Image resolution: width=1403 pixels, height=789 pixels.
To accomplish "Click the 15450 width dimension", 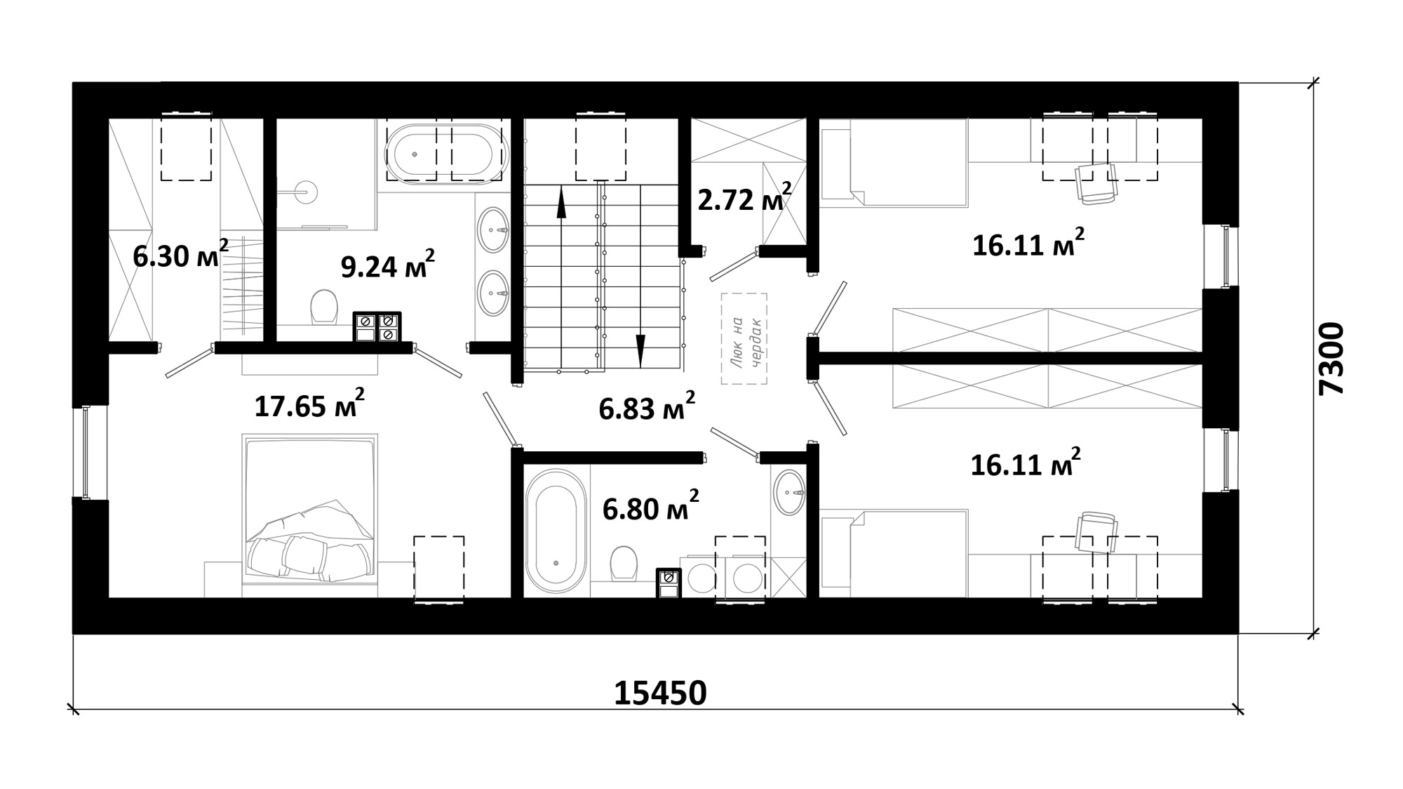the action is pyautogui.click(x=660, y=693).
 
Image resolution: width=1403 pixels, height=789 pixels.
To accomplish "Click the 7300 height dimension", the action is pyautogui.click(x=1331, y=359).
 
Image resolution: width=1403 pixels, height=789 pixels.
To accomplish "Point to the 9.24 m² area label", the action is pyautogui.click(x=388, y=265).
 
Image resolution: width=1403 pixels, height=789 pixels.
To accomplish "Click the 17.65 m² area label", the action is pyautogui.click(x=309, y=404).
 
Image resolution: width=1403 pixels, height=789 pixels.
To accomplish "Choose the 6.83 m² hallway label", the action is pyautogui.click(x=647, y=406).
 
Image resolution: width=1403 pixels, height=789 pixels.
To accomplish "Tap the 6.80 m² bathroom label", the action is pyautogui.click(x=650, y=507).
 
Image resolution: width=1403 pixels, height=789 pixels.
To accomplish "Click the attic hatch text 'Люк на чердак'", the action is pyautogui.click(x=744, y=338).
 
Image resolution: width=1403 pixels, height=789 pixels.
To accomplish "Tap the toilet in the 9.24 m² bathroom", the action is pyautogui.click(x=323, y=307).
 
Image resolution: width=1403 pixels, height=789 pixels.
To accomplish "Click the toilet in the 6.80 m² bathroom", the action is pyautogui.click(x=623, y=562).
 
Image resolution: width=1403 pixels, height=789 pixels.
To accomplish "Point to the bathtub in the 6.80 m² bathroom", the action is pyautogui.click(x=556, y=531).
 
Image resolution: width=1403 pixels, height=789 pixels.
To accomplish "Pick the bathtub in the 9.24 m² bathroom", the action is pyautogui.click(x=448, y=154).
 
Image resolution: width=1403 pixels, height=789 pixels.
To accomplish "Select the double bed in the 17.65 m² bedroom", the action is pyautogui.click(x=310, y=515).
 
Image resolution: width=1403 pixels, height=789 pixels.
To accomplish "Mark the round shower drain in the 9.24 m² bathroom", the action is pyautogui.click(x=307, y=190).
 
